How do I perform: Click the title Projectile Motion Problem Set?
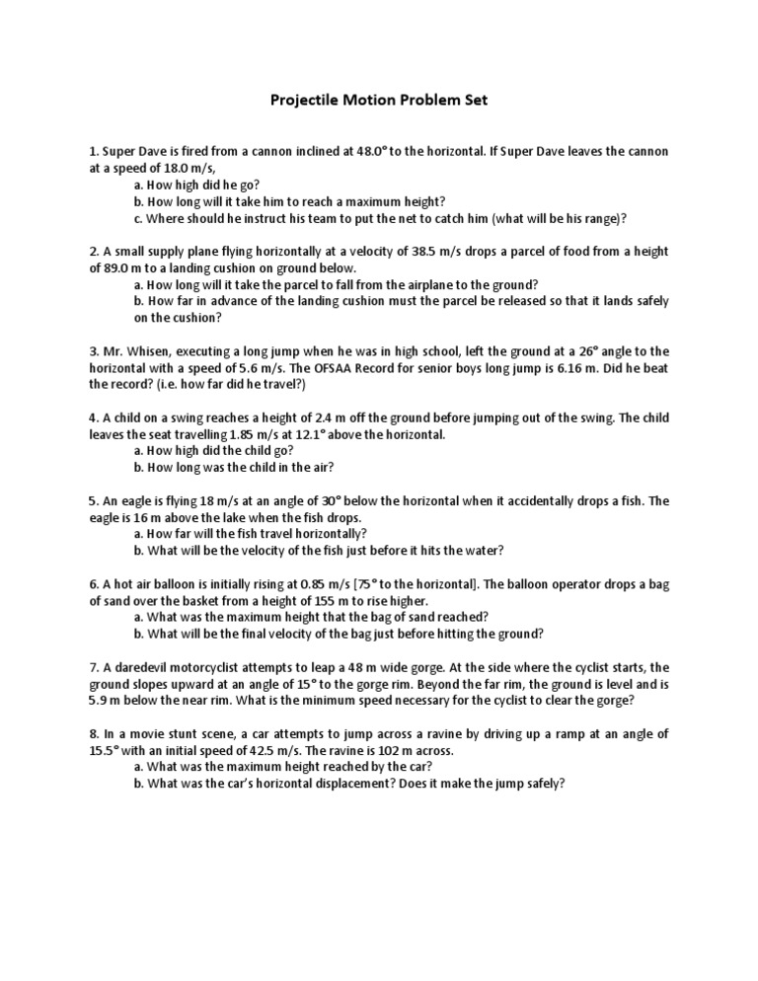(379, 101)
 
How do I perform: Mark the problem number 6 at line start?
(92, 584)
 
